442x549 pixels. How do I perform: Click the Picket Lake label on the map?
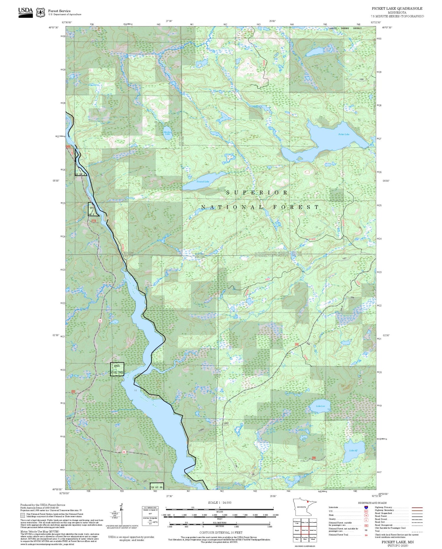(x=344, y=134)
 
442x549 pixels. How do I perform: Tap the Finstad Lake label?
(x=203, y=182)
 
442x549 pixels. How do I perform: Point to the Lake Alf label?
(x=353, y=451)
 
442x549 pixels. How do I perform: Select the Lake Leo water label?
(x=321, y=406)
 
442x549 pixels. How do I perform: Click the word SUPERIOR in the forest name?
(x=257, y=193)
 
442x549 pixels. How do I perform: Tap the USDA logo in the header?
(x=26, y=12)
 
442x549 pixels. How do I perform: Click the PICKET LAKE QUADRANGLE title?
(x=397, y=8)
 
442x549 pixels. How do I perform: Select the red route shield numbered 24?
(x=100, y=321)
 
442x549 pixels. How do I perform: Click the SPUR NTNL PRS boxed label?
(x=117, y=369)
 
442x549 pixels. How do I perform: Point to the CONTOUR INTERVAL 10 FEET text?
(x=221, y=532)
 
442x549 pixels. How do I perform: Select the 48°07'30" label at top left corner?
(x=54, y=27)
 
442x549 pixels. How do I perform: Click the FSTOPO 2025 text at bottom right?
(x=398, y=545)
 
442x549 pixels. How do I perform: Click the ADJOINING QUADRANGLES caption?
(x=305, y=546)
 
